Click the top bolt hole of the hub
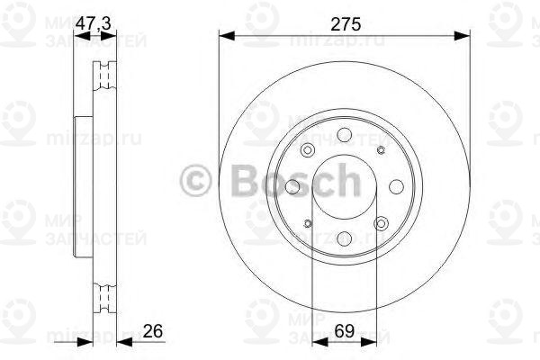(344, 137)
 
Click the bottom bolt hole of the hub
(344, 238)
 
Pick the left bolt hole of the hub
(293, 187)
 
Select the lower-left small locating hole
(308, 223)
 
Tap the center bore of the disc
(344, 187)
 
